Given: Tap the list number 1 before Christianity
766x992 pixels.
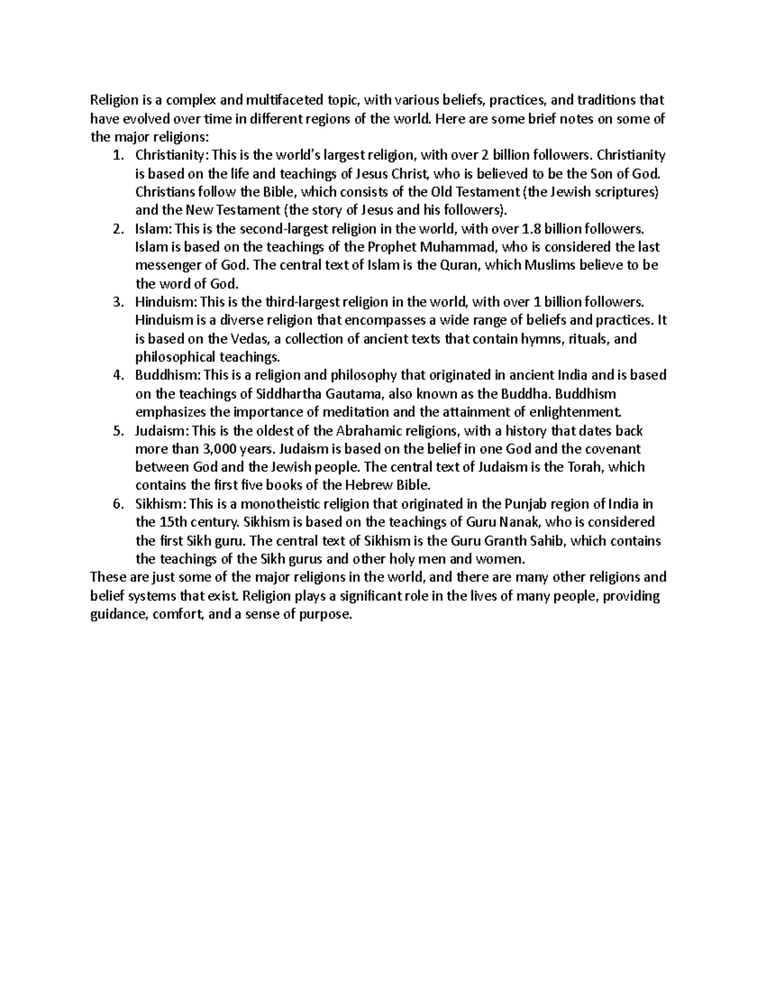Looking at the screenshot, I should point(116,155).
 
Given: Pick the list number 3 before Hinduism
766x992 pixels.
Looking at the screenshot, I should point(116,302).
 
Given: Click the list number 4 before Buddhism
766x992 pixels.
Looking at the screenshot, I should point(116,376).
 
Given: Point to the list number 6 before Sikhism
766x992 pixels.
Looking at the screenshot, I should point(116,505).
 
